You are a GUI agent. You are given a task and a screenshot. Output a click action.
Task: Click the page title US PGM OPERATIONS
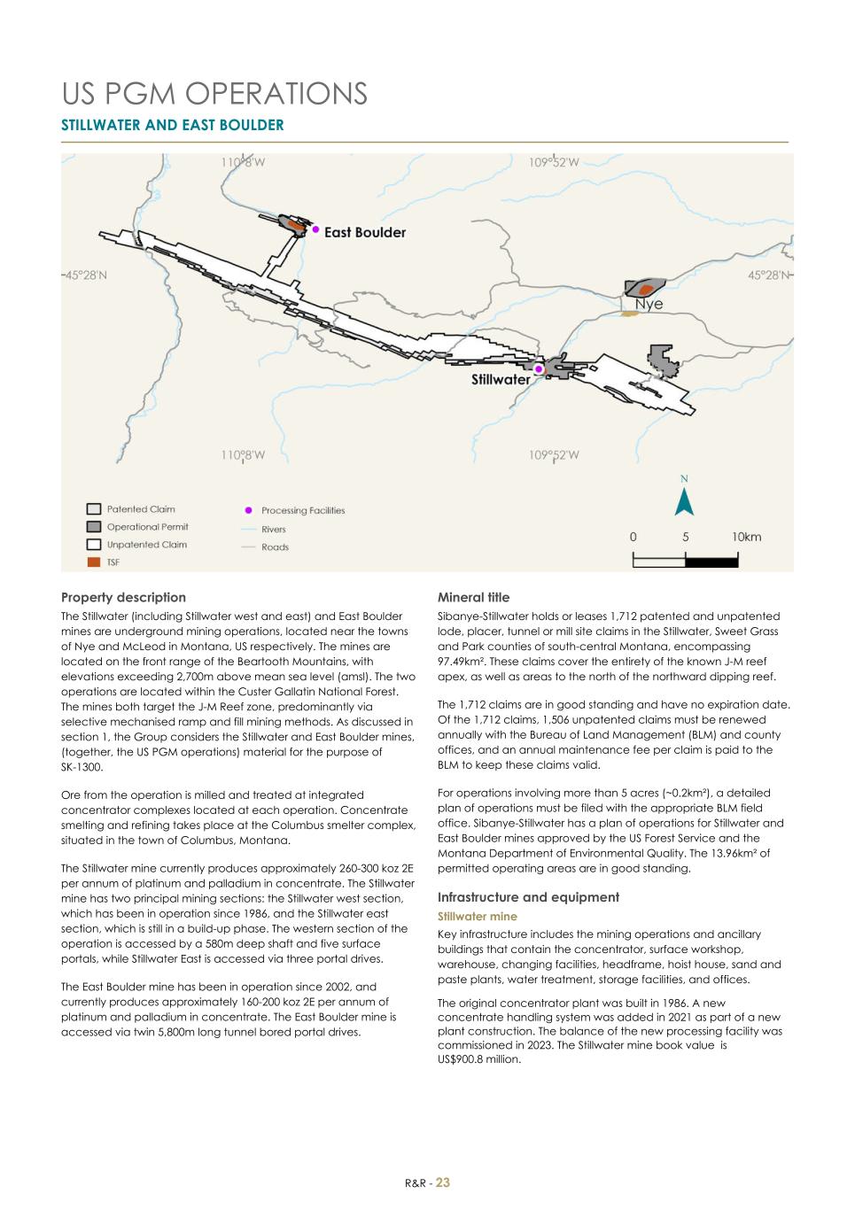214,93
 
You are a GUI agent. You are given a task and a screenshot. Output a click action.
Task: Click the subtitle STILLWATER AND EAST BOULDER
172,125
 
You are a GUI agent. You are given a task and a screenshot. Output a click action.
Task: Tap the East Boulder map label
364,232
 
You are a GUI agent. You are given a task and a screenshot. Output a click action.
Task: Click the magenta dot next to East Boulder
315,229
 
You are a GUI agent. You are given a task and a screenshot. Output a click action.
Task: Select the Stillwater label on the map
500,379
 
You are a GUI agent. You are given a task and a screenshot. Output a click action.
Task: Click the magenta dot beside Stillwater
538,369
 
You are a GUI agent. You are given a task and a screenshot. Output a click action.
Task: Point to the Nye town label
649,304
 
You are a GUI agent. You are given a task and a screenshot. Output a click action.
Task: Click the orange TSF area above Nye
647,289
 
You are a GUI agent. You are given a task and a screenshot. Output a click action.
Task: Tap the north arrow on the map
684,501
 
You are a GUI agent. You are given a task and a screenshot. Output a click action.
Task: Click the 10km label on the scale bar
746,537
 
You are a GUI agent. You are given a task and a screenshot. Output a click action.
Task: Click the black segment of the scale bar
711,562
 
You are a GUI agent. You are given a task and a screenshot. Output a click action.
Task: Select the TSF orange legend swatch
93,562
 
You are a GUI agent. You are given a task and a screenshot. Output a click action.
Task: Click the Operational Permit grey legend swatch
93,527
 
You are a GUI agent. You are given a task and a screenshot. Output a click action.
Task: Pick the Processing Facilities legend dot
248,510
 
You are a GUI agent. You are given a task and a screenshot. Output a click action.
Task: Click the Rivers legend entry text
273,530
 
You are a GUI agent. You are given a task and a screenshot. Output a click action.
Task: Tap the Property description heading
123,597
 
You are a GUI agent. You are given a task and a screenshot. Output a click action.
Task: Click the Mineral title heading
473,597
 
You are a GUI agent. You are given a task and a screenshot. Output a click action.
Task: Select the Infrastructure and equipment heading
528,897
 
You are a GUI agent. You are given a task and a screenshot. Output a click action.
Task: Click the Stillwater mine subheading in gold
477,917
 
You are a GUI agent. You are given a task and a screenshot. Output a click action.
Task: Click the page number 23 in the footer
443,1182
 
